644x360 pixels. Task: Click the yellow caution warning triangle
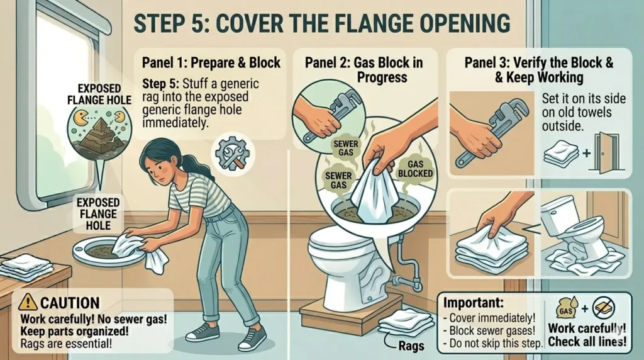click(x=28, y=302)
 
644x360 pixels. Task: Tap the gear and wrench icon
click(x=233, y=154)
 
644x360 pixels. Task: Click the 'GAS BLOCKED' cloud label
click(x=415, y=169)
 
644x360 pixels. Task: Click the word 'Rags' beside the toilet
click(x=411, y=346)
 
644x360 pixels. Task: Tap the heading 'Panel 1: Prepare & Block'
click(x=211, y=62)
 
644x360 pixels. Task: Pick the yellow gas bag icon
click(x=567, y=307)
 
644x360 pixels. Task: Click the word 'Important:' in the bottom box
click(x=473, y=303)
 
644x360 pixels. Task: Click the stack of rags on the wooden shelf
click(x=26, y=266)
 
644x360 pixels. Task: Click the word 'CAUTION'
click(x=70, y=303)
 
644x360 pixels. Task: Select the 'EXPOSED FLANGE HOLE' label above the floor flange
click(x=98, y=214)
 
